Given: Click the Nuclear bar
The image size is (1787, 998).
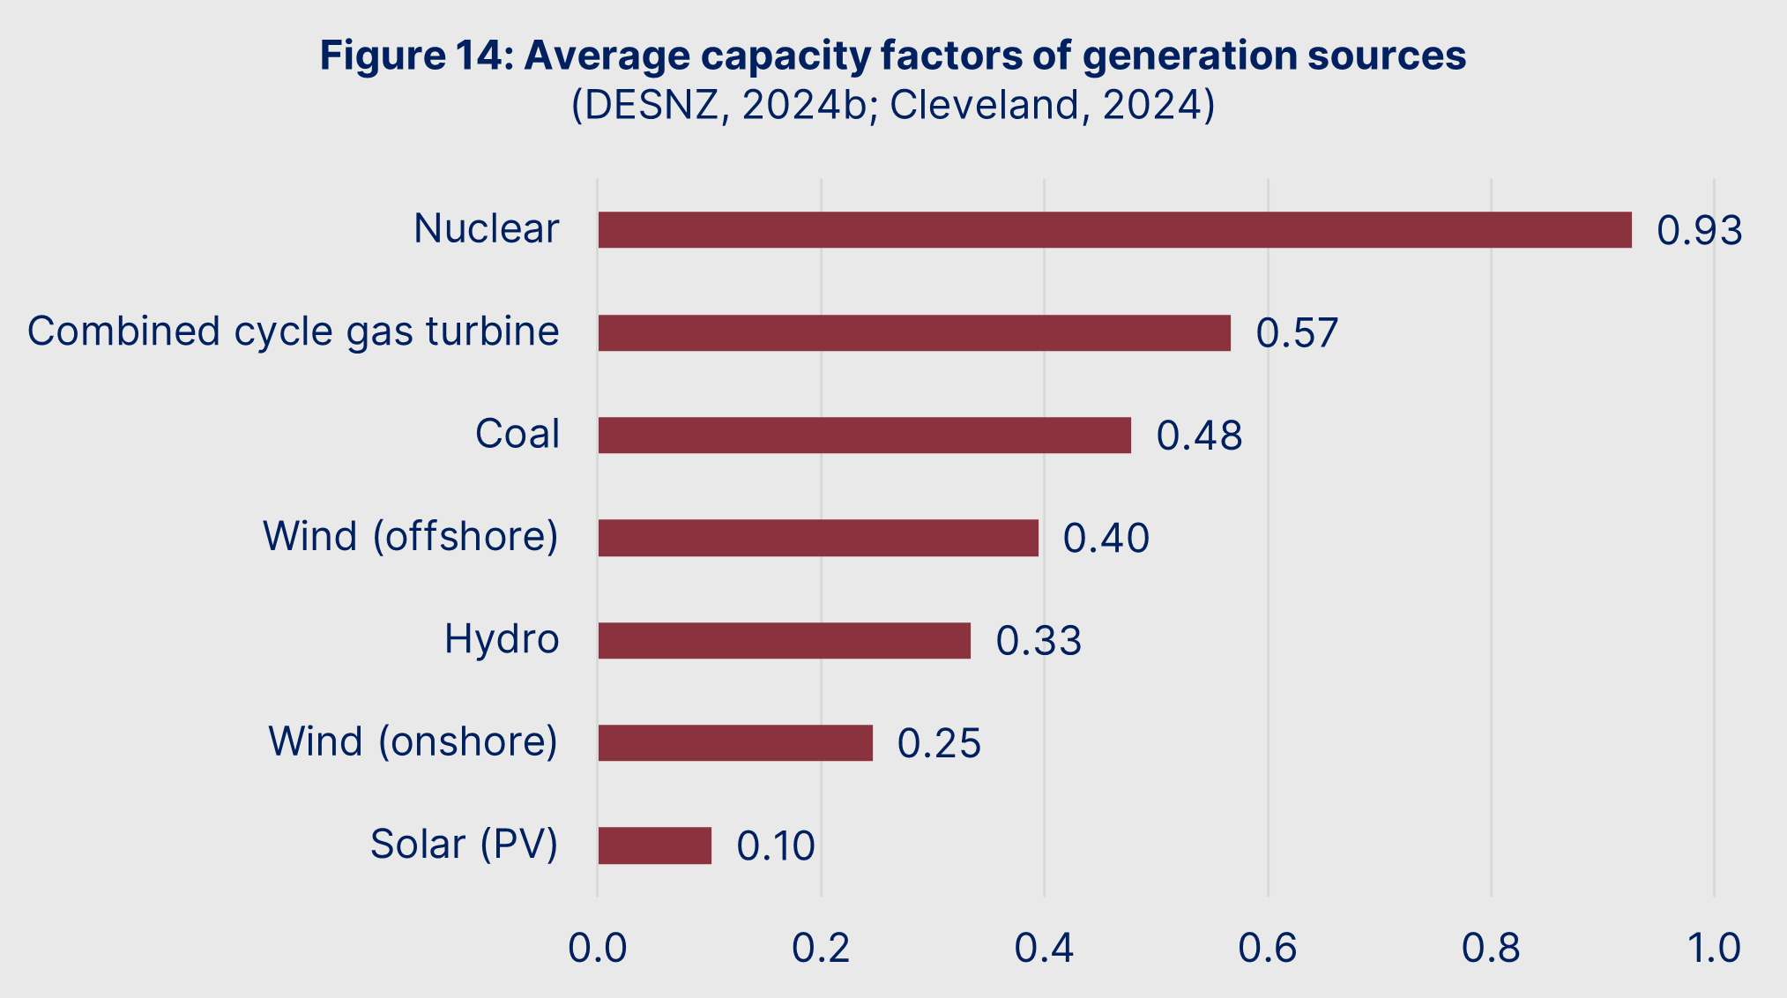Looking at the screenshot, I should coord(1114,229).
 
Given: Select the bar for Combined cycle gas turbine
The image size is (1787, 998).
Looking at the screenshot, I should coord(914,332).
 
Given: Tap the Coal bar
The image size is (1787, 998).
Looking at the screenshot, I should coord(864,435).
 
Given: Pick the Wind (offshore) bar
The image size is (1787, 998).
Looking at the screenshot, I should coord(818,538).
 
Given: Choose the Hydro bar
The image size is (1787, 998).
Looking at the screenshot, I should coord(784,640).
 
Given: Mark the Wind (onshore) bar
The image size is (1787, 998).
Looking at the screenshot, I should coord(735,742).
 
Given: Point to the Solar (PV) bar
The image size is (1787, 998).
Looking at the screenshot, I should coord(654,845).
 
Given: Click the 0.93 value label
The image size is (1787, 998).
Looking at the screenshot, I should coord(1699,231).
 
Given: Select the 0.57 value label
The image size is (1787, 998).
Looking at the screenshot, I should coord(1297,333).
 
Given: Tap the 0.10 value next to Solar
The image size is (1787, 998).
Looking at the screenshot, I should coord(776,846).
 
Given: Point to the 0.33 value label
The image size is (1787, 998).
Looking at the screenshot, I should coord(1039,641).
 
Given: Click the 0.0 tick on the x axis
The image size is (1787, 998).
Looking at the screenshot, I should coord(597,949).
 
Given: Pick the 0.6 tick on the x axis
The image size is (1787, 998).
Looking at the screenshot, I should coord(1267,949).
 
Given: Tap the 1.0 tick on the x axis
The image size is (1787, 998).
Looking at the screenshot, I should coord(1713,949).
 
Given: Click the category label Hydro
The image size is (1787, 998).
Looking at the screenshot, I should coord(502,639).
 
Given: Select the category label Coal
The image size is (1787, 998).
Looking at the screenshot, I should coord(517,434).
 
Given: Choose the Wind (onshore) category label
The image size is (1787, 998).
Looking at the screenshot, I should coord(413,741).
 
